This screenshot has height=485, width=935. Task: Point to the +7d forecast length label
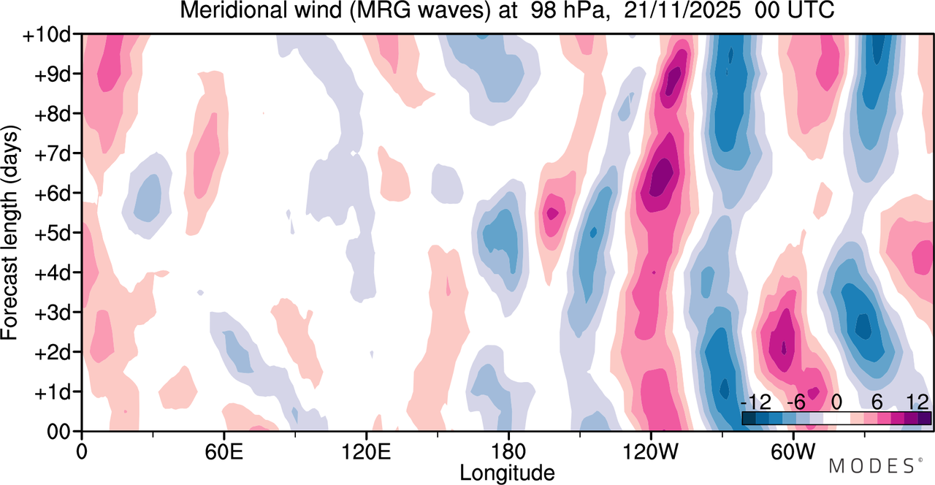[x=53, y=155]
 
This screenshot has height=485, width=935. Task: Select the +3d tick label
[x=53, y=313]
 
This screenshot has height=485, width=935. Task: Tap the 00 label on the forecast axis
[x=59, y=432]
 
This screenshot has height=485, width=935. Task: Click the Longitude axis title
[x=507, y=473]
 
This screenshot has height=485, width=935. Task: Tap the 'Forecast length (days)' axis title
[x=10, y=233]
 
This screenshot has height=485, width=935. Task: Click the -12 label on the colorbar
[x=756, y=402]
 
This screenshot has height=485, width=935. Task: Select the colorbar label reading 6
[x=877, y=402]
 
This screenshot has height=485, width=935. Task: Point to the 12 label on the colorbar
[x=917, y=402]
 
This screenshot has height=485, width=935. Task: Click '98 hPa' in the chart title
[x=568, y=10]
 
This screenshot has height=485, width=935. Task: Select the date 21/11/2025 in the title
[x=682, y=10]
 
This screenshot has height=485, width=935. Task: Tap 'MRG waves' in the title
[x=420, y=10]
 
